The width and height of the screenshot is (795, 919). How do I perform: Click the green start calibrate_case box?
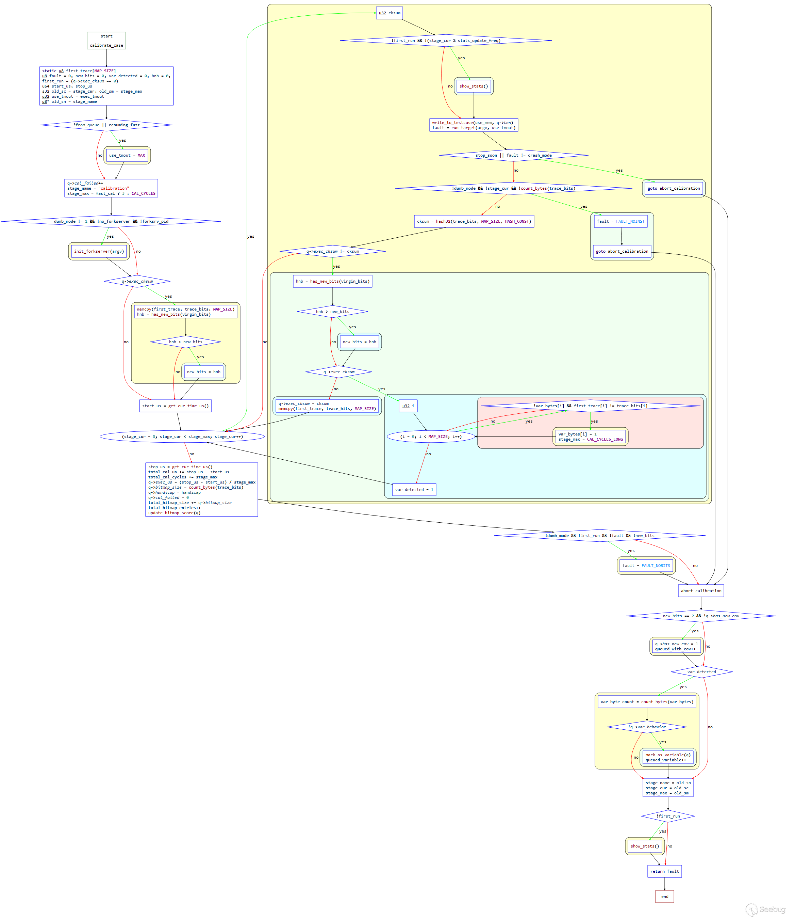click(106, 41)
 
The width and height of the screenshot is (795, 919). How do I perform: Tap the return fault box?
click(664, 871)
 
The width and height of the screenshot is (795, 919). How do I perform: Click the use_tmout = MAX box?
click(127, 155)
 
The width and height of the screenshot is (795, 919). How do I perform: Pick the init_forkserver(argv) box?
click(99, 251)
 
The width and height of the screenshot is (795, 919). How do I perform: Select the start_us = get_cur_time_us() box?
click(175, 406)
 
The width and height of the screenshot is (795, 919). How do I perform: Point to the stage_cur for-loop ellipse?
click(182, 437)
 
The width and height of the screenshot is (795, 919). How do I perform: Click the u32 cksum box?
click(389, 13)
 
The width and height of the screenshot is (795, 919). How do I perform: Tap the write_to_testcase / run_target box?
click(474, 125)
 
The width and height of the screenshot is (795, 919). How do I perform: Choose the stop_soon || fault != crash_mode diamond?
click(513, 155)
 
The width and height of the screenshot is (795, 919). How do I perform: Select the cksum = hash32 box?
click(474, 221)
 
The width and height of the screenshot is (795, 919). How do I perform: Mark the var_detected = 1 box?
click(414, 490)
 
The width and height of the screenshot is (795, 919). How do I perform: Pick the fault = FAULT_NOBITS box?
click(646, 566)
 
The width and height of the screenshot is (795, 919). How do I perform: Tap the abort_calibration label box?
click(701, 590)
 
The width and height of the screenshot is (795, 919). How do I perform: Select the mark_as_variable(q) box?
click(668, 757)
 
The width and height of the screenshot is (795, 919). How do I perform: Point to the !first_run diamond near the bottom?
click(668, 816)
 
